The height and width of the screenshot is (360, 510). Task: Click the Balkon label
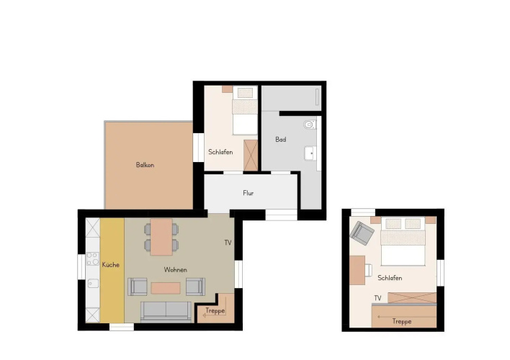(x=145, y=165)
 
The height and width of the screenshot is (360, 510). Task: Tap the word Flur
(x=249, y=193)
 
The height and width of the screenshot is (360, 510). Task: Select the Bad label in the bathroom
(x=281, y=140)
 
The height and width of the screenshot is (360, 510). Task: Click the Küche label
(x=111, y=265)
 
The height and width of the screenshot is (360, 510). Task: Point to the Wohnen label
(x=175, y=269)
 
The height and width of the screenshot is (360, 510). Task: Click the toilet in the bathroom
(x=310, y=125)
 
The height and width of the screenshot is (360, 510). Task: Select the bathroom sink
(x=310, y=153)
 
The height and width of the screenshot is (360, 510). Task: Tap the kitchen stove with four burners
(x=93, y=259)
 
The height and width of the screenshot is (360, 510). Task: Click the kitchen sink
(x=93, y=284)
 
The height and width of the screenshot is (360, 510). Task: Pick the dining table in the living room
(x=161, y=237)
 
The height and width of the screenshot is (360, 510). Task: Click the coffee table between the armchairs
(x=166, y=288)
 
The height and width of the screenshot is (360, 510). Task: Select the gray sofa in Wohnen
(x=166, y=312)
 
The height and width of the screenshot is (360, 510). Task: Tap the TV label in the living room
(x=228, y=243)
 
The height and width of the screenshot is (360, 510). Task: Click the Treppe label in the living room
(x=215, y=310)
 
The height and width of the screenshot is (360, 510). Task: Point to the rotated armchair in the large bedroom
(x=362, y=233)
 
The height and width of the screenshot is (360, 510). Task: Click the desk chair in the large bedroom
(x=369, y=270)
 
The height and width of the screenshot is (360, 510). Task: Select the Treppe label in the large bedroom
(x=402, y=321)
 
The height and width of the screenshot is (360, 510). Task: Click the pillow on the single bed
(x=245, y=93)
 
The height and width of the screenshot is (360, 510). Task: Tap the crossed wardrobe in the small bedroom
(x=251, y=155)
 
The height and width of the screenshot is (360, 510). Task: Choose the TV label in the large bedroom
(x=377, y=298)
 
